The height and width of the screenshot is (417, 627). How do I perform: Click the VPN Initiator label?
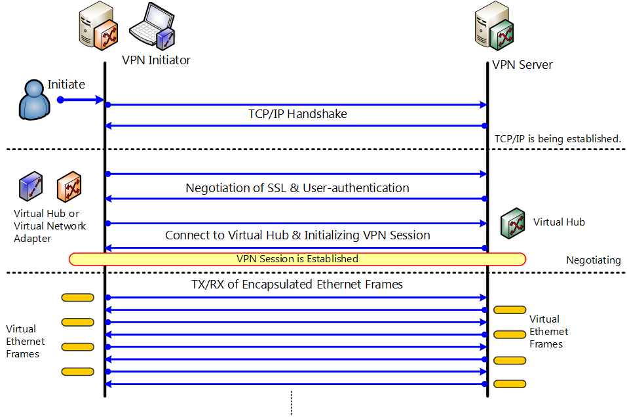coord(156,60)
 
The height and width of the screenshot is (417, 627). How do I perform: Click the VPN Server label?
coord(522,65)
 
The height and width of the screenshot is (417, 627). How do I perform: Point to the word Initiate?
coord(66,85)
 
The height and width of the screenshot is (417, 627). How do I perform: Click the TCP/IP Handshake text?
coord(297,114)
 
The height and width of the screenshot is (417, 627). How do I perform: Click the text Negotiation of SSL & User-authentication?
coord(297,188)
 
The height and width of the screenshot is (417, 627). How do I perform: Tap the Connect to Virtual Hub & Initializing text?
coord(297,235)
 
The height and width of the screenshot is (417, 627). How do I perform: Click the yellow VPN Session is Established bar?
coord(297,259)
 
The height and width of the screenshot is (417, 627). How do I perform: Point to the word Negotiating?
coord(593,260)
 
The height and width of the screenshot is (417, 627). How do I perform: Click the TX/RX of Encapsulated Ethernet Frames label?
coord(297,285)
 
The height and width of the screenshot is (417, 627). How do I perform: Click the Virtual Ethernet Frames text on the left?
coord(26,342)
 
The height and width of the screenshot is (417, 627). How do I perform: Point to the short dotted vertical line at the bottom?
coord(290,403)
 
